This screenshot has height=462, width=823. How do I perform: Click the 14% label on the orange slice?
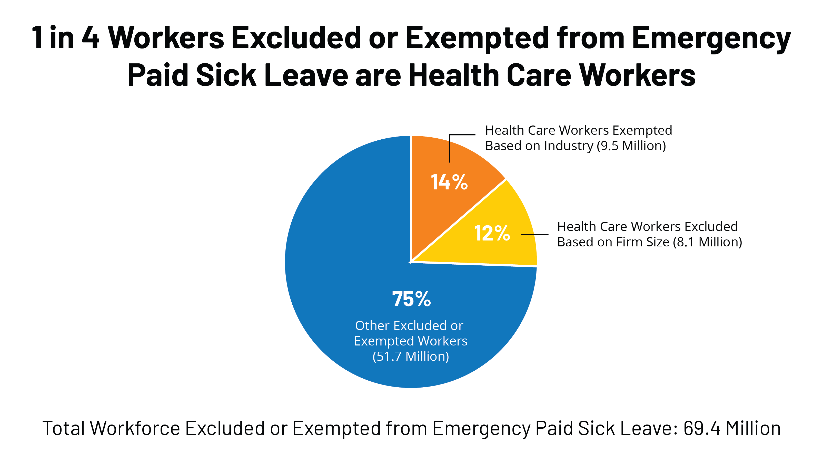[449, 182]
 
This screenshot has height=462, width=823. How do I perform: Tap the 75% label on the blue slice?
[411, 299]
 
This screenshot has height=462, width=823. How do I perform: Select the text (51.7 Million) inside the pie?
[411, 357]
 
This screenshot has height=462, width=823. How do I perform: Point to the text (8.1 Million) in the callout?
[707, 242]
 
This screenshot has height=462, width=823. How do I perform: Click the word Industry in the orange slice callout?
[569, 146]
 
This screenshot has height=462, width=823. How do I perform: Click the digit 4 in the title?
[91, 38]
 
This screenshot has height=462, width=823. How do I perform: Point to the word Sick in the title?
[226, 75]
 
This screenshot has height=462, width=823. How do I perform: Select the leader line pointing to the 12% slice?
[534, 234]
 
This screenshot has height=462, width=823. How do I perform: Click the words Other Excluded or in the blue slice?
[409, 325]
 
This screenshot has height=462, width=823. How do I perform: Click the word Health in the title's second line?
[453, 75]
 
